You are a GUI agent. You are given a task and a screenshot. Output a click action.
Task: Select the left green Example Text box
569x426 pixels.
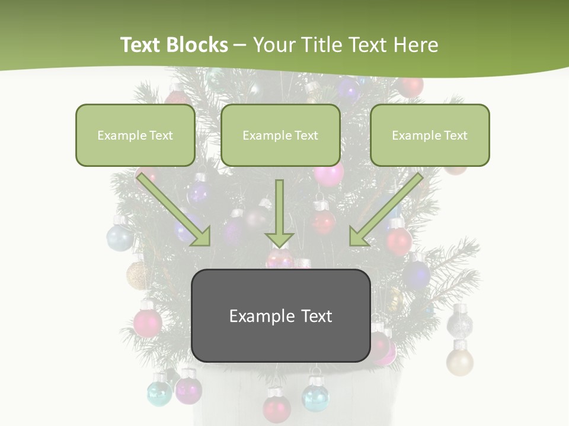[x=135, y=135]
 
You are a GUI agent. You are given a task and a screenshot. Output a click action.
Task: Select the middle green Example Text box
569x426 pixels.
[x=280, y=135]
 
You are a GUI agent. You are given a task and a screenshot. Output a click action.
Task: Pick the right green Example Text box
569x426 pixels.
[x=430, y=135]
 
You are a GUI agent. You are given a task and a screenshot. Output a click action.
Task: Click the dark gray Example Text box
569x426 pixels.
[x=280, y=316]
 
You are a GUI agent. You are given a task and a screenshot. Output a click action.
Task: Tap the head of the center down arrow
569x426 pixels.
[x=280, y=238]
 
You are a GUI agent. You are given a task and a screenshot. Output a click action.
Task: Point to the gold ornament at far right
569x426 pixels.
[x=460, y=360]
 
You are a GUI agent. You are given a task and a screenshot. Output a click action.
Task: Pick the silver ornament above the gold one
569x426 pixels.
[x=459, y=322]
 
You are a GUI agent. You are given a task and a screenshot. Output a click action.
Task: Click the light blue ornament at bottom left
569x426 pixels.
[x=159, y=393]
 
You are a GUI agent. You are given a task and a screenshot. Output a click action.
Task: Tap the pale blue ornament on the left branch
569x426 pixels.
[x=120, y=237]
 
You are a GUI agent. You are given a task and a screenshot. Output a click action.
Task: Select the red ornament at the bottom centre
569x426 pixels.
[x=277, y=407]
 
